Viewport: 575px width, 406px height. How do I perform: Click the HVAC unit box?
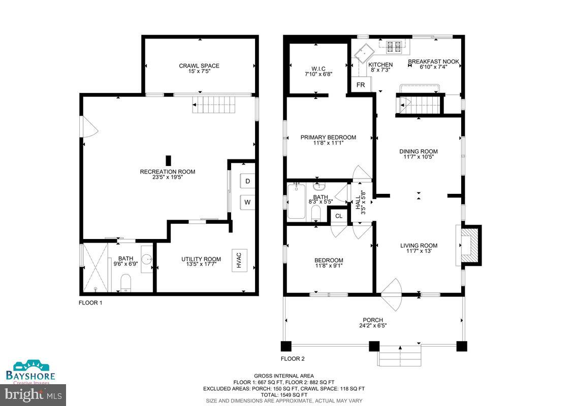coord(239,260)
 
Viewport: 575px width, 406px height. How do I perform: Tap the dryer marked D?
coord(247,181)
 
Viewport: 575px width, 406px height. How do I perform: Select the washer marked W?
coord(247,202)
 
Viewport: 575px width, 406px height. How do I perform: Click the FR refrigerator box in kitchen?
coord(361,85)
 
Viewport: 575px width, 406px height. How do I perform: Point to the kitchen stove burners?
coord(394,46)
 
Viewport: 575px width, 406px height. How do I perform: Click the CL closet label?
coord(339,216)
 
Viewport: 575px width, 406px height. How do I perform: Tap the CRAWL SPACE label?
coord(199,66)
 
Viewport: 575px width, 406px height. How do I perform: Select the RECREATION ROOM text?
coord(168,172)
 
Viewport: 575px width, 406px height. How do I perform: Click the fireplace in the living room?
coord(469,245)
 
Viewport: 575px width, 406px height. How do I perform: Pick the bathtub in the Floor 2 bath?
coord(296,201)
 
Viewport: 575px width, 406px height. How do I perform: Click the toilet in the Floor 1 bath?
coord(126,283)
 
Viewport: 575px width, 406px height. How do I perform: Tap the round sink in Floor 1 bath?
coord(147,259)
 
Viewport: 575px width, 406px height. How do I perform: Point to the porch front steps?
coord(399,355)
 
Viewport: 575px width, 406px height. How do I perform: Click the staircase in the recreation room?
coord(214,105)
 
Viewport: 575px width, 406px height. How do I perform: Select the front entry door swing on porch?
coord(392,295)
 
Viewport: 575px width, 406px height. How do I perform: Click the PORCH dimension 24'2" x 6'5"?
coord(373,325)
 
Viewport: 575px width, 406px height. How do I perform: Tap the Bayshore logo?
coord(30,372)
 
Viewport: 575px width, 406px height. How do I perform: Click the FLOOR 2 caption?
coord(293,359)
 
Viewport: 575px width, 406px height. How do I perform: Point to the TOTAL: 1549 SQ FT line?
coord(284,395)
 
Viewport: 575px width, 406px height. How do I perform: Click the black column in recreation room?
coord(168,160)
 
